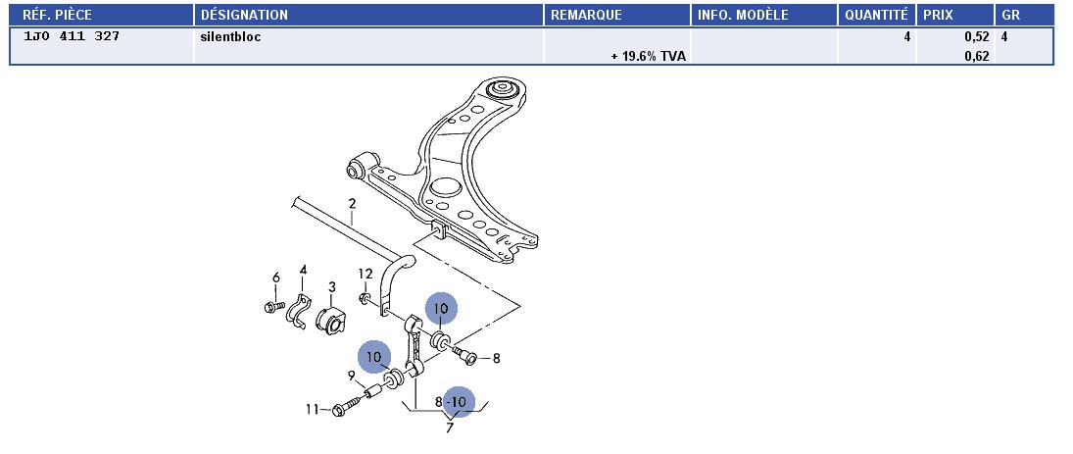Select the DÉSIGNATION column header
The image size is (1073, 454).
click(x=244, y=15)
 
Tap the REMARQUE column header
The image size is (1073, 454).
click(x=587, y=15)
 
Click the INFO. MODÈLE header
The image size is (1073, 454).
click(x=743, y=15)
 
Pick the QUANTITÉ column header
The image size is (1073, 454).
click(x=875, y=15)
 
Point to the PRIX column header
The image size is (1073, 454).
click(x=939, y=15)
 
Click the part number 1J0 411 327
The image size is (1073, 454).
click(x=72, y=36)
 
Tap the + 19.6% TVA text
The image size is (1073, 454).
click(x=648, y=56)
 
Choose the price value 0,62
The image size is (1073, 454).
click(x=976, y=56)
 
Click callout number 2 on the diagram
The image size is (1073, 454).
click(x=351, y=204)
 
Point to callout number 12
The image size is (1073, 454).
click(x=365, y=274)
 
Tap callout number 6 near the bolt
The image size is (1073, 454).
click(x=275, y=277)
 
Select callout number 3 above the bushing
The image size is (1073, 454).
click(x=332, y=287)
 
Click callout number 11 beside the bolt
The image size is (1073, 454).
click(x=312, y=409)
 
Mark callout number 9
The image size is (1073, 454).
click(x=351, y=375)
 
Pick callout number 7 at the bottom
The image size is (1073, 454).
click(x=450, y=427)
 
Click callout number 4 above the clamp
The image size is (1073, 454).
click(x=303, y=270)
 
